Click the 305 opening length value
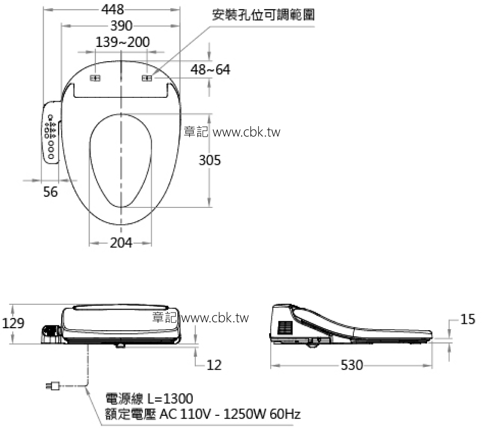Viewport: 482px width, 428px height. tap(209, 160)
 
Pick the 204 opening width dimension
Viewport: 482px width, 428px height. tap(120, 243)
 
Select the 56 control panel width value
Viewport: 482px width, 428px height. tap(50, 192)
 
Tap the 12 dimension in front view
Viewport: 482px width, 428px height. tap(214, 364)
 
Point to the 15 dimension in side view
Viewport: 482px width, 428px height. tap(467, 319)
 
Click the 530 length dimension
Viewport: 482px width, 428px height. tap(352, 365)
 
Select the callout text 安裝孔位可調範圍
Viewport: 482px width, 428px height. tap(263, 15)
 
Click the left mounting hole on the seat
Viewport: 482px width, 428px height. tap(95, 79)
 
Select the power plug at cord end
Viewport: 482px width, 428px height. tap(52, 387)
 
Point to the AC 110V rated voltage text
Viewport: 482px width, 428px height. tap(203, 415)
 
